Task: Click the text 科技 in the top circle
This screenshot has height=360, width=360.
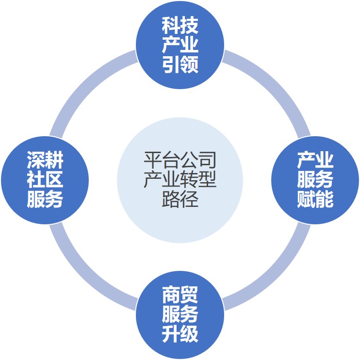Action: point(180,25)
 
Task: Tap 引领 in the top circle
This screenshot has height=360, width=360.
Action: point(180,64)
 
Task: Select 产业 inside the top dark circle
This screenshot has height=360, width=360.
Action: point(180,45)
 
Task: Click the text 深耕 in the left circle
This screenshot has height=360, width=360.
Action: point(45,160)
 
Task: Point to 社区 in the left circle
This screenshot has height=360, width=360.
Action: point(45,180)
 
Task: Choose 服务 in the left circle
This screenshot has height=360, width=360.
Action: point(45,199)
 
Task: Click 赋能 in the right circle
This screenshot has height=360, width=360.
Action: point(315,199)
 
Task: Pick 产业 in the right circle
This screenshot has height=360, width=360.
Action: point(315,160)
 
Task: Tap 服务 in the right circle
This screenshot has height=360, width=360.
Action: point(315,180)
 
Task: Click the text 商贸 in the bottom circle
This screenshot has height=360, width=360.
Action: point(180,295)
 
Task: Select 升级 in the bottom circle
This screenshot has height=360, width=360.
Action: point(180,334)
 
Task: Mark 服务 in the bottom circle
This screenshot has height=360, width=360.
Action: point(180,314)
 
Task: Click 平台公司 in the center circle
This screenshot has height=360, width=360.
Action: point(180,160)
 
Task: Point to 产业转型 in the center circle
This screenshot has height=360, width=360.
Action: point(180,180)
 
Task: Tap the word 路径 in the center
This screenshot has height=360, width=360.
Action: point(180,199)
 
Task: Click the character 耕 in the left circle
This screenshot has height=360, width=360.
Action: point(54,160)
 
